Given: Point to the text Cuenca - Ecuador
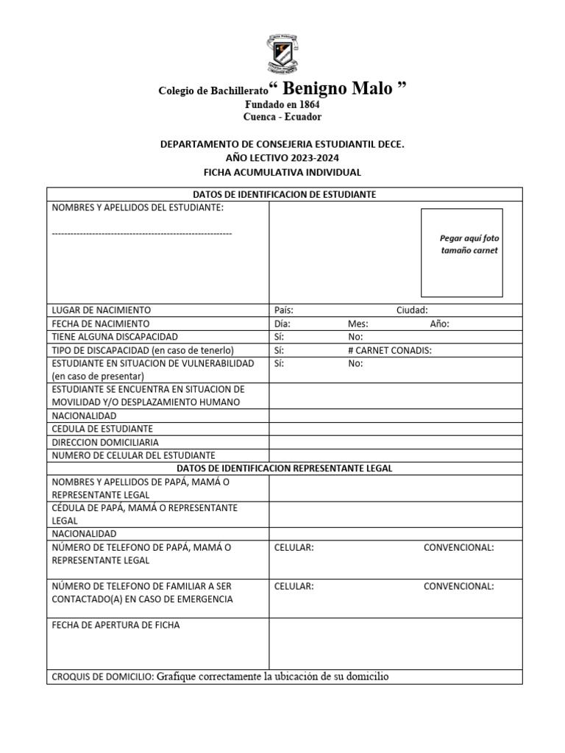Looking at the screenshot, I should point(282,117).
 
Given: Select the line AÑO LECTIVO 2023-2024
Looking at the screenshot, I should point(282,158).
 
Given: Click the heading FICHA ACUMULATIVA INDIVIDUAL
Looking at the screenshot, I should point(282,172).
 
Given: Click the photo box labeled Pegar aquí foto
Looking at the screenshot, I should point(461,252).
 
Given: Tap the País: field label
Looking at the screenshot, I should point(283,310).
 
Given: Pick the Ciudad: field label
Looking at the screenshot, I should point(412,310).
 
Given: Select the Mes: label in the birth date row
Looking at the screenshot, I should point(358,324).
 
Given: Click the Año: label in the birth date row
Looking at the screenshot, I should point(439,324).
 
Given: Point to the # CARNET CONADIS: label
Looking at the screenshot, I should point(389,350).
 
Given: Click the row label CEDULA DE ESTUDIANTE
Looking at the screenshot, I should point(102,429).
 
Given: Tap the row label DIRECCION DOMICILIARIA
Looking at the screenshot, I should point(105,442).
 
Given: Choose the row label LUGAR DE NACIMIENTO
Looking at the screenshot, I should point(101,310).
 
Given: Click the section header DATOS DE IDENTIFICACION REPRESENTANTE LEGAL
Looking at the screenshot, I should point(285,468).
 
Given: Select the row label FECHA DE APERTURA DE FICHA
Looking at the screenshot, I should point(116,625).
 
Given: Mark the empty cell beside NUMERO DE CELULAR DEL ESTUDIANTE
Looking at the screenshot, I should point(395,455).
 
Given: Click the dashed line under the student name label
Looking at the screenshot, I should point(142,233).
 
